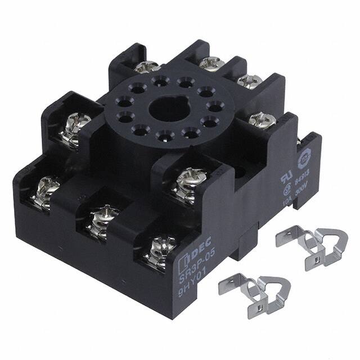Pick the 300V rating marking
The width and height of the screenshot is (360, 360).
pos(301,190)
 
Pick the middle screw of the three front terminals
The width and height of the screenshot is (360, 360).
pos(101,217)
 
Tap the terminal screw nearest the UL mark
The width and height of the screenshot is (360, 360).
pos(262,119)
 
